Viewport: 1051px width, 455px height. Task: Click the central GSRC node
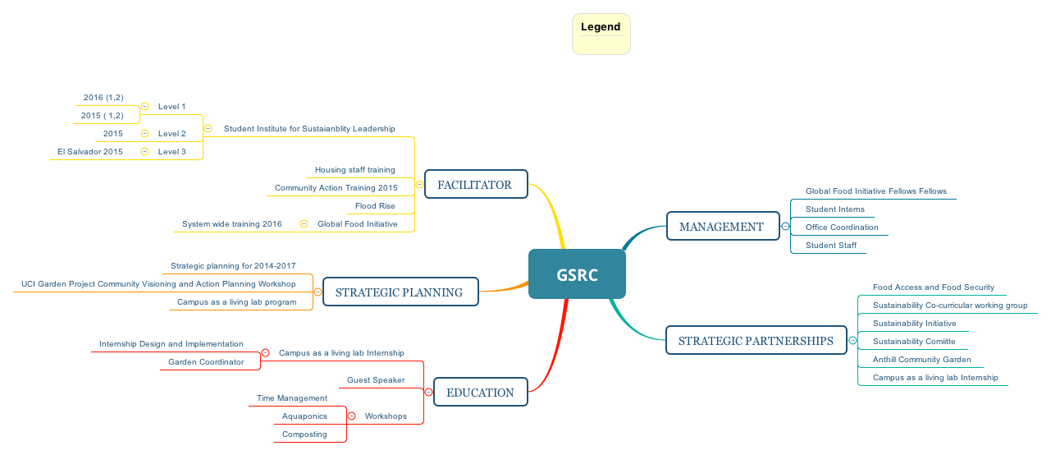pos(577,274)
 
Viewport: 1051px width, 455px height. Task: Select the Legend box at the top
pos(601,34)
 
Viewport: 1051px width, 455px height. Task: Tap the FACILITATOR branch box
pos(475,185)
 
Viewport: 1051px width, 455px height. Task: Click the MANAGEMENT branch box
pos(722,227)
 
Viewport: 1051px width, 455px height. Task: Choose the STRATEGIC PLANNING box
pos(400,292)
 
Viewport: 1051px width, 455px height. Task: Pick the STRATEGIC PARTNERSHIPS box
pos(756,341)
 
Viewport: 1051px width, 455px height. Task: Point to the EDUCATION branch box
pos(480,393)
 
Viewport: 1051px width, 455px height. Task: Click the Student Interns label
pos(834,209)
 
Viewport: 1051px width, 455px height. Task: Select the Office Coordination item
pos(842,227)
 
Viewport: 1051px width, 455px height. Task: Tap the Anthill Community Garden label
pos(921,360)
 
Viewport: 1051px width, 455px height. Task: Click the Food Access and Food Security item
pos(933,287)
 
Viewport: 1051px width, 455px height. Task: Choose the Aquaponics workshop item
pos(304,416)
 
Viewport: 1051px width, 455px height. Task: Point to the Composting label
pos(304,434)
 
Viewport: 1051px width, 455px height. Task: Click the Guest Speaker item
pos(376,380)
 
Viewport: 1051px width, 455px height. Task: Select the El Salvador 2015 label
pos(90,152)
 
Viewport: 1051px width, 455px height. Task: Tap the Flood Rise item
pos(375,206)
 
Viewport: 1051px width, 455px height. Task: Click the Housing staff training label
pos(354,170)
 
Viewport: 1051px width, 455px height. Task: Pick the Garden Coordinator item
pos(206,362)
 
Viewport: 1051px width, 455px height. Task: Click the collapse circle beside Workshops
pos(351,416)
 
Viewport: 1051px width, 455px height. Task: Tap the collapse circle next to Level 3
pos(144,151)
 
